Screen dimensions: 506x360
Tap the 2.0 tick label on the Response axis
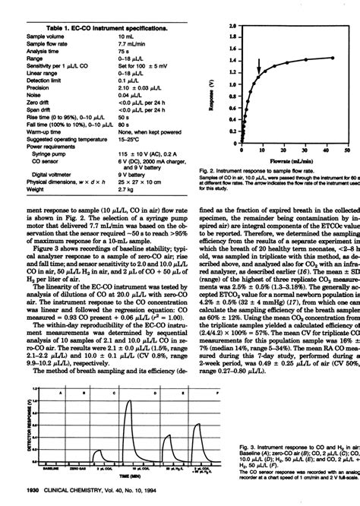tap(230, 26)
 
